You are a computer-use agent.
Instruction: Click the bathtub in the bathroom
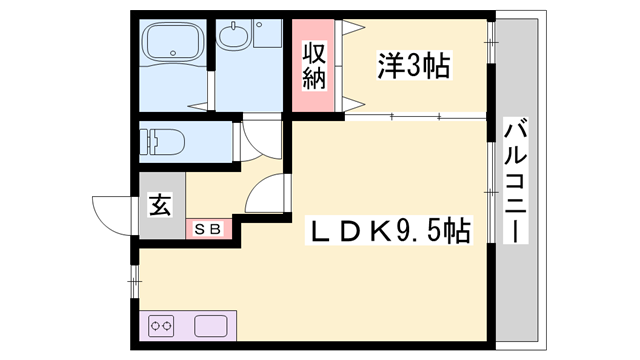point(172,46)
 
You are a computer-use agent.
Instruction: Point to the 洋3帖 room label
point(411,67)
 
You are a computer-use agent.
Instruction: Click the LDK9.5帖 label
point(389,232)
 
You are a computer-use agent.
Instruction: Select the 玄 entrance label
point(161,207)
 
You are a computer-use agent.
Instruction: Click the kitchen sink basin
point(211,326)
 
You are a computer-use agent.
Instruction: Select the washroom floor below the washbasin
point(250,85)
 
